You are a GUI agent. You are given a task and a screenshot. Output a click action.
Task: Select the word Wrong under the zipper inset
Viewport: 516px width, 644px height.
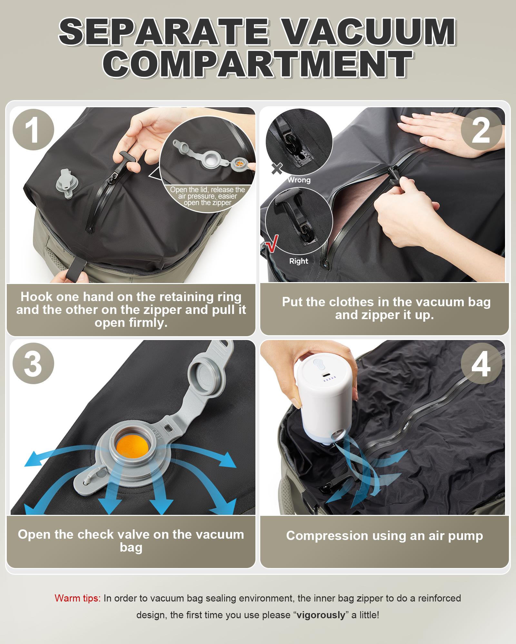click(299, 180)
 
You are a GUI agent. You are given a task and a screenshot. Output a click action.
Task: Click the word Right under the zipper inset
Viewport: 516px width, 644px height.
click(299, 261)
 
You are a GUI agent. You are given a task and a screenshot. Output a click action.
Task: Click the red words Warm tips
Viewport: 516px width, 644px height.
click(78, 598)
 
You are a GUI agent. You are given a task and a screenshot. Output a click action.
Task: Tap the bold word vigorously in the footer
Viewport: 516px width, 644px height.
click(321, 615)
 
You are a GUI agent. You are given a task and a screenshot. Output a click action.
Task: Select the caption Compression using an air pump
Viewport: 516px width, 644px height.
click(384, 535)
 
